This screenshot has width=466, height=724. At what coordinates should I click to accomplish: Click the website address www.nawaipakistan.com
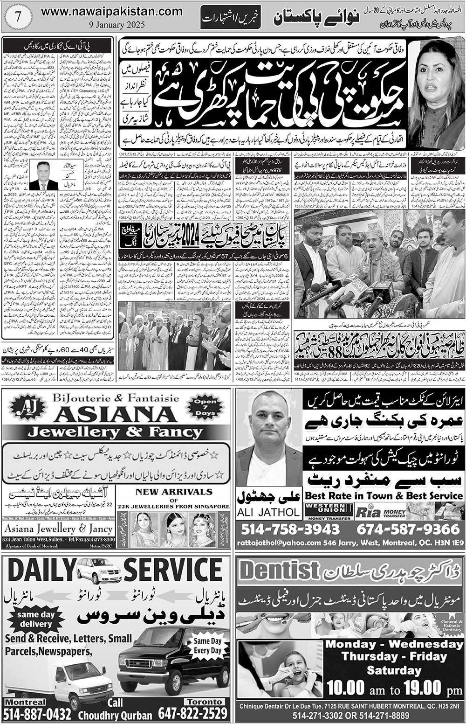[x=112, y=12]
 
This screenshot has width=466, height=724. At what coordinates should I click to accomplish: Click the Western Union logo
[x=329, y=511]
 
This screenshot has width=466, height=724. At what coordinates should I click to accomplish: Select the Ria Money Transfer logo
[x=380, y=511]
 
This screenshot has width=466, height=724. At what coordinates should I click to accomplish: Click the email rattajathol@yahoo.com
[x=278, y=543]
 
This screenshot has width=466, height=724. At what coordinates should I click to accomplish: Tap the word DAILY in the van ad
[x=40, y=571]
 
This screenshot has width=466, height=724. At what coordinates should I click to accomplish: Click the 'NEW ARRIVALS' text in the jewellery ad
[x=174, y=492]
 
